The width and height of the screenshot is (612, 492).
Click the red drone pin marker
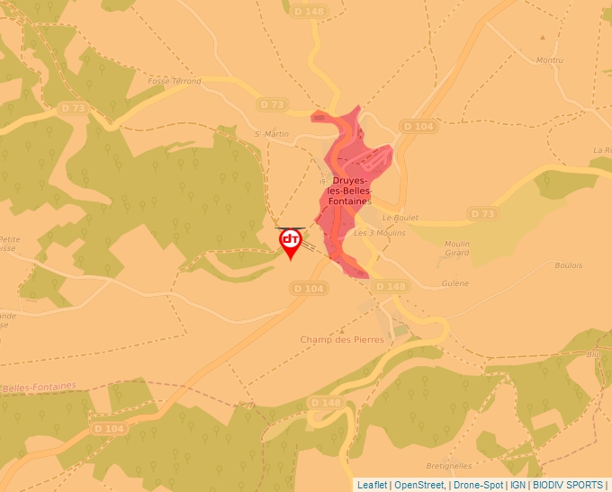click(291, 241)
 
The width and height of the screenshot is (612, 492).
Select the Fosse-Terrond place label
click(175, 82)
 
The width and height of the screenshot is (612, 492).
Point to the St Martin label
click(271, 134)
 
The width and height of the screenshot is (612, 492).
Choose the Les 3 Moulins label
click(379, 233)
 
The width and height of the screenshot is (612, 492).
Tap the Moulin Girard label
click(463, 247)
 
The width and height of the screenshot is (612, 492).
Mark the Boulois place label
click(569, 265)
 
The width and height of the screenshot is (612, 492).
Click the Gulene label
click(455, 282)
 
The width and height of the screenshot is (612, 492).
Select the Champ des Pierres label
click(342, 339)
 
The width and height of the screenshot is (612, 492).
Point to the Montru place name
click(549, 60)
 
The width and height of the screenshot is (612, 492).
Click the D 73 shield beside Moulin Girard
click(482, 213)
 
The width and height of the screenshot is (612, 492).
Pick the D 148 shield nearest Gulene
click(391, 286)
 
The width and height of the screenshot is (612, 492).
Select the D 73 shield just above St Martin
click(271, 105)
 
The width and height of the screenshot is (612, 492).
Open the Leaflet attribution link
click(372, 485)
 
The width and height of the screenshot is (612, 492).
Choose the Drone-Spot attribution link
click(478, 485)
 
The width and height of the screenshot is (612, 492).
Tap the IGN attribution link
click(517, 485)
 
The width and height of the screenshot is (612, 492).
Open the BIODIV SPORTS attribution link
click(568, 485)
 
